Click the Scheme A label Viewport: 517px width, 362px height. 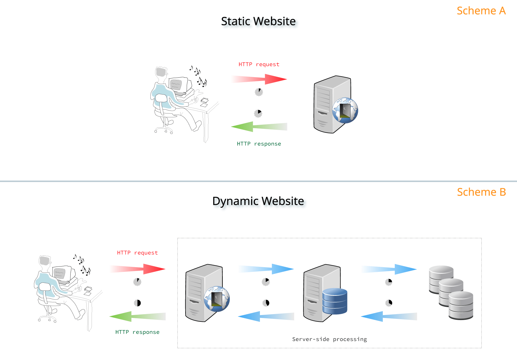(x=481, y=11)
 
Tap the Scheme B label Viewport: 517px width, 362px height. (x=481, y=192)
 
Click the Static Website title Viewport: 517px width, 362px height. (x=258, y=21)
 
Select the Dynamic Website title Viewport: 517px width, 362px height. (x=258, y=201)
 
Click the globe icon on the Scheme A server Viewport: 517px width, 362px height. (x=345, y=111)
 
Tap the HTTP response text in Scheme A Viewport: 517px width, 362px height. (x=259, y=144)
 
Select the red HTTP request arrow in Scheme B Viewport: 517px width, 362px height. (x=142, y=269)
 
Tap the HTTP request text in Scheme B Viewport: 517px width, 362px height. (x=137, y=253)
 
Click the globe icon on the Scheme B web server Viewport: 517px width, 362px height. (x=217, y=299)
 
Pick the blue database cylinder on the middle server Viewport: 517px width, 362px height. (x=335, y=301)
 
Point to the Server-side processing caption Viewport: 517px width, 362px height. (x=329, y=339)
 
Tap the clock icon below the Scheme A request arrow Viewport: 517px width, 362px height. (x=259, y=92)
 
